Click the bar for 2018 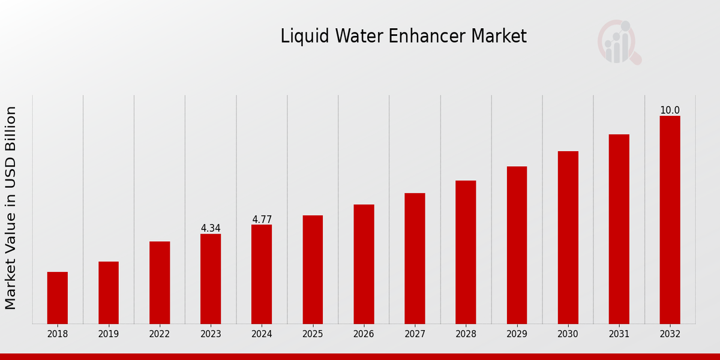(x=58, y=298)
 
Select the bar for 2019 (x=109, y=293)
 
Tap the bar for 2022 (x=160, y=283)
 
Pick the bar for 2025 (x=313, y=269)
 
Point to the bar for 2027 (x=415, y=259)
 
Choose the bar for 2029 (x=517, y=245)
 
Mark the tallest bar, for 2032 (x=670, y=220)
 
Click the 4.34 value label (x=211, y=229)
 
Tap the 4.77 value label (x=262, y=220)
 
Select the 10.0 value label (x=670, y=110)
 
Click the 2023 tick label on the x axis (x=211, y=334)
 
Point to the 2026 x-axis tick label (x=364, y=334)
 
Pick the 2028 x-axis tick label (x=466, y=334)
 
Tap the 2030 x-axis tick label (x=568, y=334)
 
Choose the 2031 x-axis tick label (x=619, y=334)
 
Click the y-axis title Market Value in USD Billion (x=11, y=208)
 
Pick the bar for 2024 (x=262, y=274)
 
